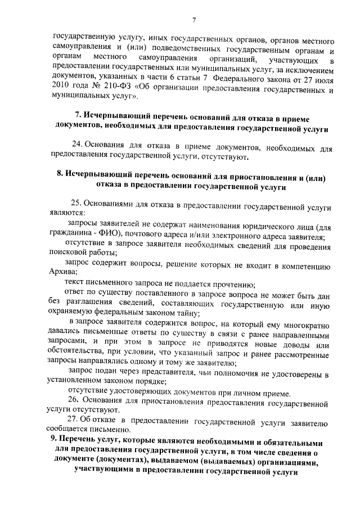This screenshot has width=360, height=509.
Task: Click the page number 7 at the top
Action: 193,21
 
